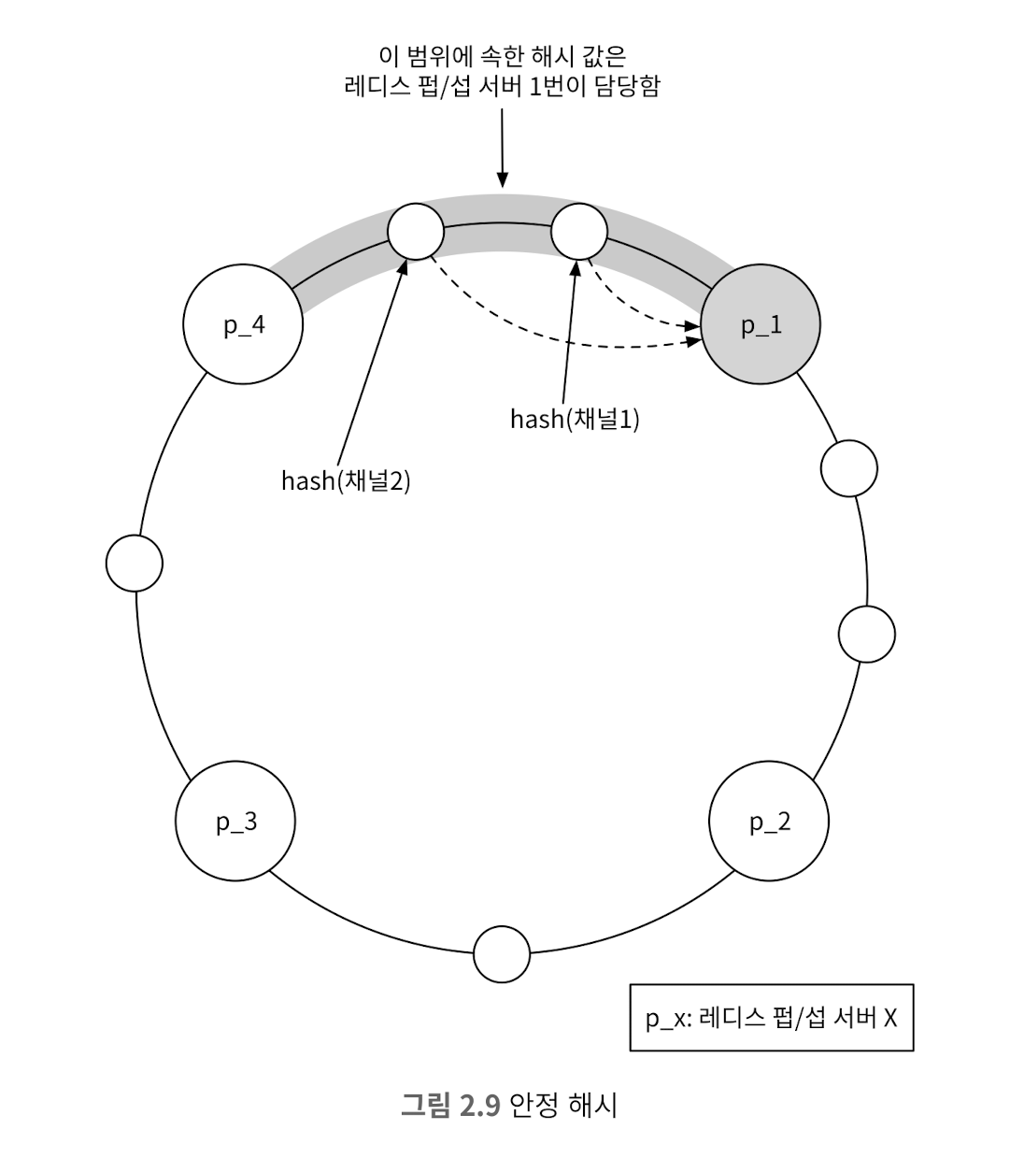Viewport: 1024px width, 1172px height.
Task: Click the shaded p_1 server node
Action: (x=760, y=324)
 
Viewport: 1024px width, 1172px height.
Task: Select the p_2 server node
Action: (x=769, y=821)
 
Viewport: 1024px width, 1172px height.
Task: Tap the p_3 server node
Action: (x=235, y=821)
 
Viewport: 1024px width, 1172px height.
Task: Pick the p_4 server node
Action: (x=243, y=324)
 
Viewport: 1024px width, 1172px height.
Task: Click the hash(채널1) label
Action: (x=575, y=419)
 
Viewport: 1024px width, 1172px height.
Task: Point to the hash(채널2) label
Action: (x=346, y=480)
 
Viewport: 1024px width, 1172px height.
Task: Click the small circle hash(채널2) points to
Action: (x=416, y=232)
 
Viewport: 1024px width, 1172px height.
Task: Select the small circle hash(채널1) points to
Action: (x=579, y=232)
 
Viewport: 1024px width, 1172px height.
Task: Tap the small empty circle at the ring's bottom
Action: (x=502, y=954)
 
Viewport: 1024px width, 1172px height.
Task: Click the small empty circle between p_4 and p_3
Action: (x=135, y=563)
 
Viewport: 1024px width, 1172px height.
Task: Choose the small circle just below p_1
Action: (x=848, y=468)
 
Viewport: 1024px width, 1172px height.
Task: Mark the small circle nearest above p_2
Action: (x=866, y=634)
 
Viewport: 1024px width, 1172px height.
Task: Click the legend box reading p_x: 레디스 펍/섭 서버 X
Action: (x=772, y=1018)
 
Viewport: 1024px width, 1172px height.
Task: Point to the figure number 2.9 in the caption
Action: (x=480, y=1105)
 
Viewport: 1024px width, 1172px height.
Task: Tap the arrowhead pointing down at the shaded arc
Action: (x=503, y=179)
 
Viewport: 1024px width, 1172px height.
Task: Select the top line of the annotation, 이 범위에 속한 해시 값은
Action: (x=503, y=56)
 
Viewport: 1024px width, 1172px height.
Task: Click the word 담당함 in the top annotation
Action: (x=628, y=86)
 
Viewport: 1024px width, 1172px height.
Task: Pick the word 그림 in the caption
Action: (x=425, y=1105)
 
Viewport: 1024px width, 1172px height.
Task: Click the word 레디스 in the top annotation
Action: (x=377, y=86)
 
